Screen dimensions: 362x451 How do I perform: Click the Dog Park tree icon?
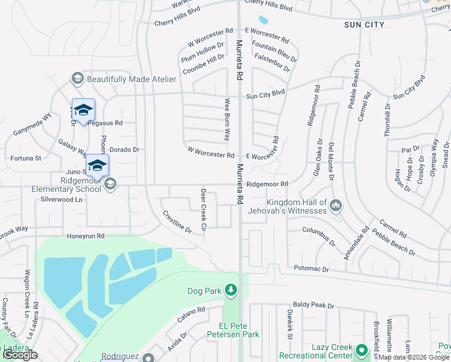click(x=230, y=291)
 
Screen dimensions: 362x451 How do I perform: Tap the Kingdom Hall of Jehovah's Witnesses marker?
click(x=336, y=207)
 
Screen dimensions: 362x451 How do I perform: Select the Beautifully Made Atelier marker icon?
click(x=77, y=79)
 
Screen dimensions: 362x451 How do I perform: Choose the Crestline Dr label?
click(x=177, y=221)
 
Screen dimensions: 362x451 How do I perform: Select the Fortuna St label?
click(x=25, y=159)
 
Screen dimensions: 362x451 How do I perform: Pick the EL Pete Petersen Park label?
click(x=233, y=334)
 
